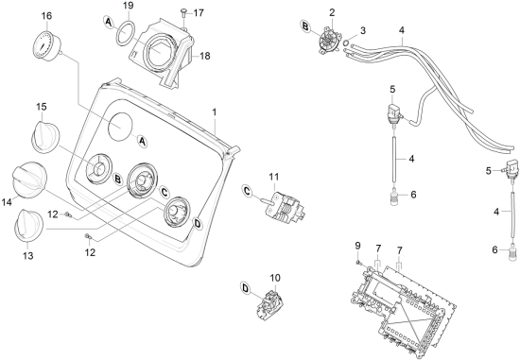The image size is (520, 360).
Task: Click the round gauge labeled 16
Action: [x=46, y=45]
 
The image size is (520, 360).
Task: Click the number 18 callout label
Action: [x=205, y=56]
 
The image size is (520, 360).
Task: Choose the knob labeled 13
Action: [x=28, y=225]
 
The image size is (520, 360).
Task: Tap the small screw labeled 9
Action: [x=359, y=263]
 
